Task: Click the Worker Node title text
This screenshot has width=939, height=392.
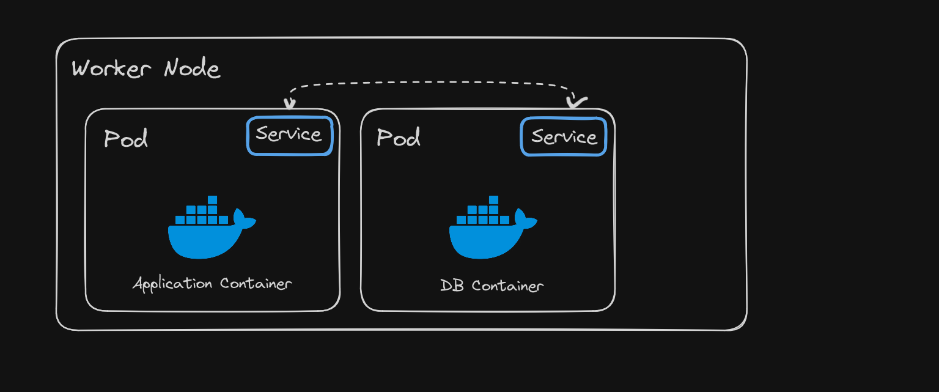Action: coord(145,68)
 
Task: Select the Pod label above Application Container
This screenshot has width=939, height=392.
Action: coord(126,139)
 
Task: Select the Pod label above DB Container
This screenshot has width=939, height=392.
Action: coord(399,138)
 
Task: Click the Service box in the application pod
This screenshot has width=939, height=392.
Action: coord(289,136)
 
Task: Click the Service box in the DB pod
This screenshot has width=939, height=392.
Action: coord(563,136)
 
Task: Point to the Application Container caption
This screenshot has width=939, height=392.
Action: coord(212,284)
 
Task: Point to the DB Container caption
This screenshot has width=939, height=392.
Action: coord(492,286)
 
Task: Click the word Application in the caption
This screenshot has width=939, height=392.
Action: coord(172,284)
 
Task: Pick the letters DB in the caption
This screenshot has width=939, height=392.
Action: coord(451,286)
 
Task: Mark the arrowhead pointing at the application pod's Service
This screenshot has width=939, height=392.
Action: coord(290,104)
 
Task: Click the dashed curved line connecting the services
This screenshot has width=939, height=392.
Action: coord(428,83)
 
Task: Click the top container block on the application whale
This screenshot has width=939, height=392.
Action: coord(213,200)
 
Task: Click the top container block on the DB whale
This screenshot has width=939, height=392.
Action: coord(493,200)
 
